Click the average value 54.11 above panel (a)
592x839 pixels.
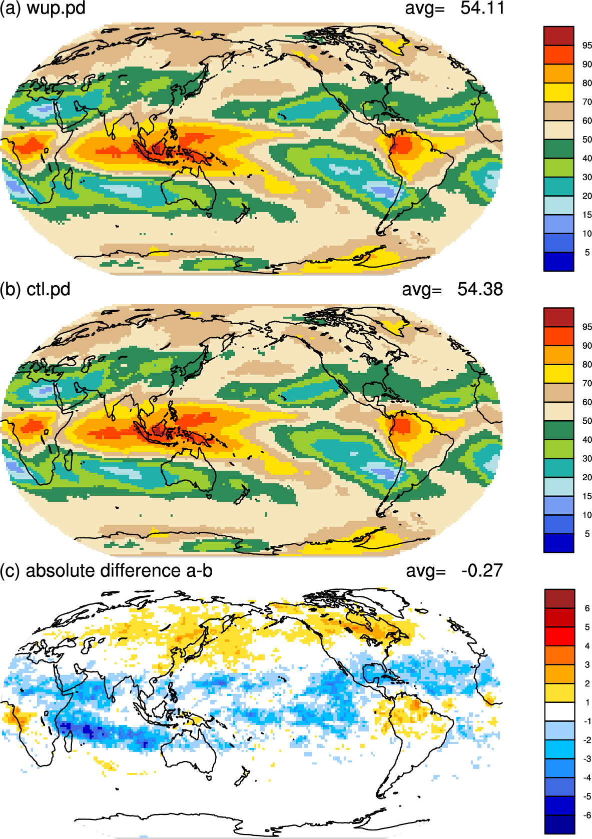(482, 8)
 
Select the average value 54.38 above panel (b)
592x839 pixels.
(480, 289)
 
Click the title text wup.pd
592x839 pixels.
(56, 9)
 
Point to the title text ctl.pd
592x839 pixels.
(49, 290)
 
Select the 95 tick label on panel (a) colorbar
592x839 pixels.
(587, 46)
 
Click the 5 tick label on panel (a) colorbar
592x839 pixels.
(587, 253)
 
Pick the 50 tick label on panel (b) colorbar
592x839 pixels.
(587, 421)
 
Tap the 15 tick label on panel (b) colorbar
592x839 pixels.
(587, 496)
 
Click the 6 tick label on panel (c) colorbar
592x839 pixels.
(587, 608)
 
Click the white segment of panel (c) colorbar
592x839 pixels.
(559, 711)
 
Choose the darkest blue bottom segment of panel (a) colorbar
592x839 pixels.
(558, 262)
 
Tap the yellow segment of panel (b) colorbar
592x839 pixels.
(558, 374)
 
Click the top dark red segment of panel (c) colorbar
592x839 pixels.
(559, 599)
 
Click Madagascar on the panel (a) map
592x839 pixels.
(68, 178)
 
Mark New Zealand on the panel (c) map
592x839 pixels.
(242, 777)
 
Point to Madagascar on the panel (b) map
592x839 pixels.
(68, 460)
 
